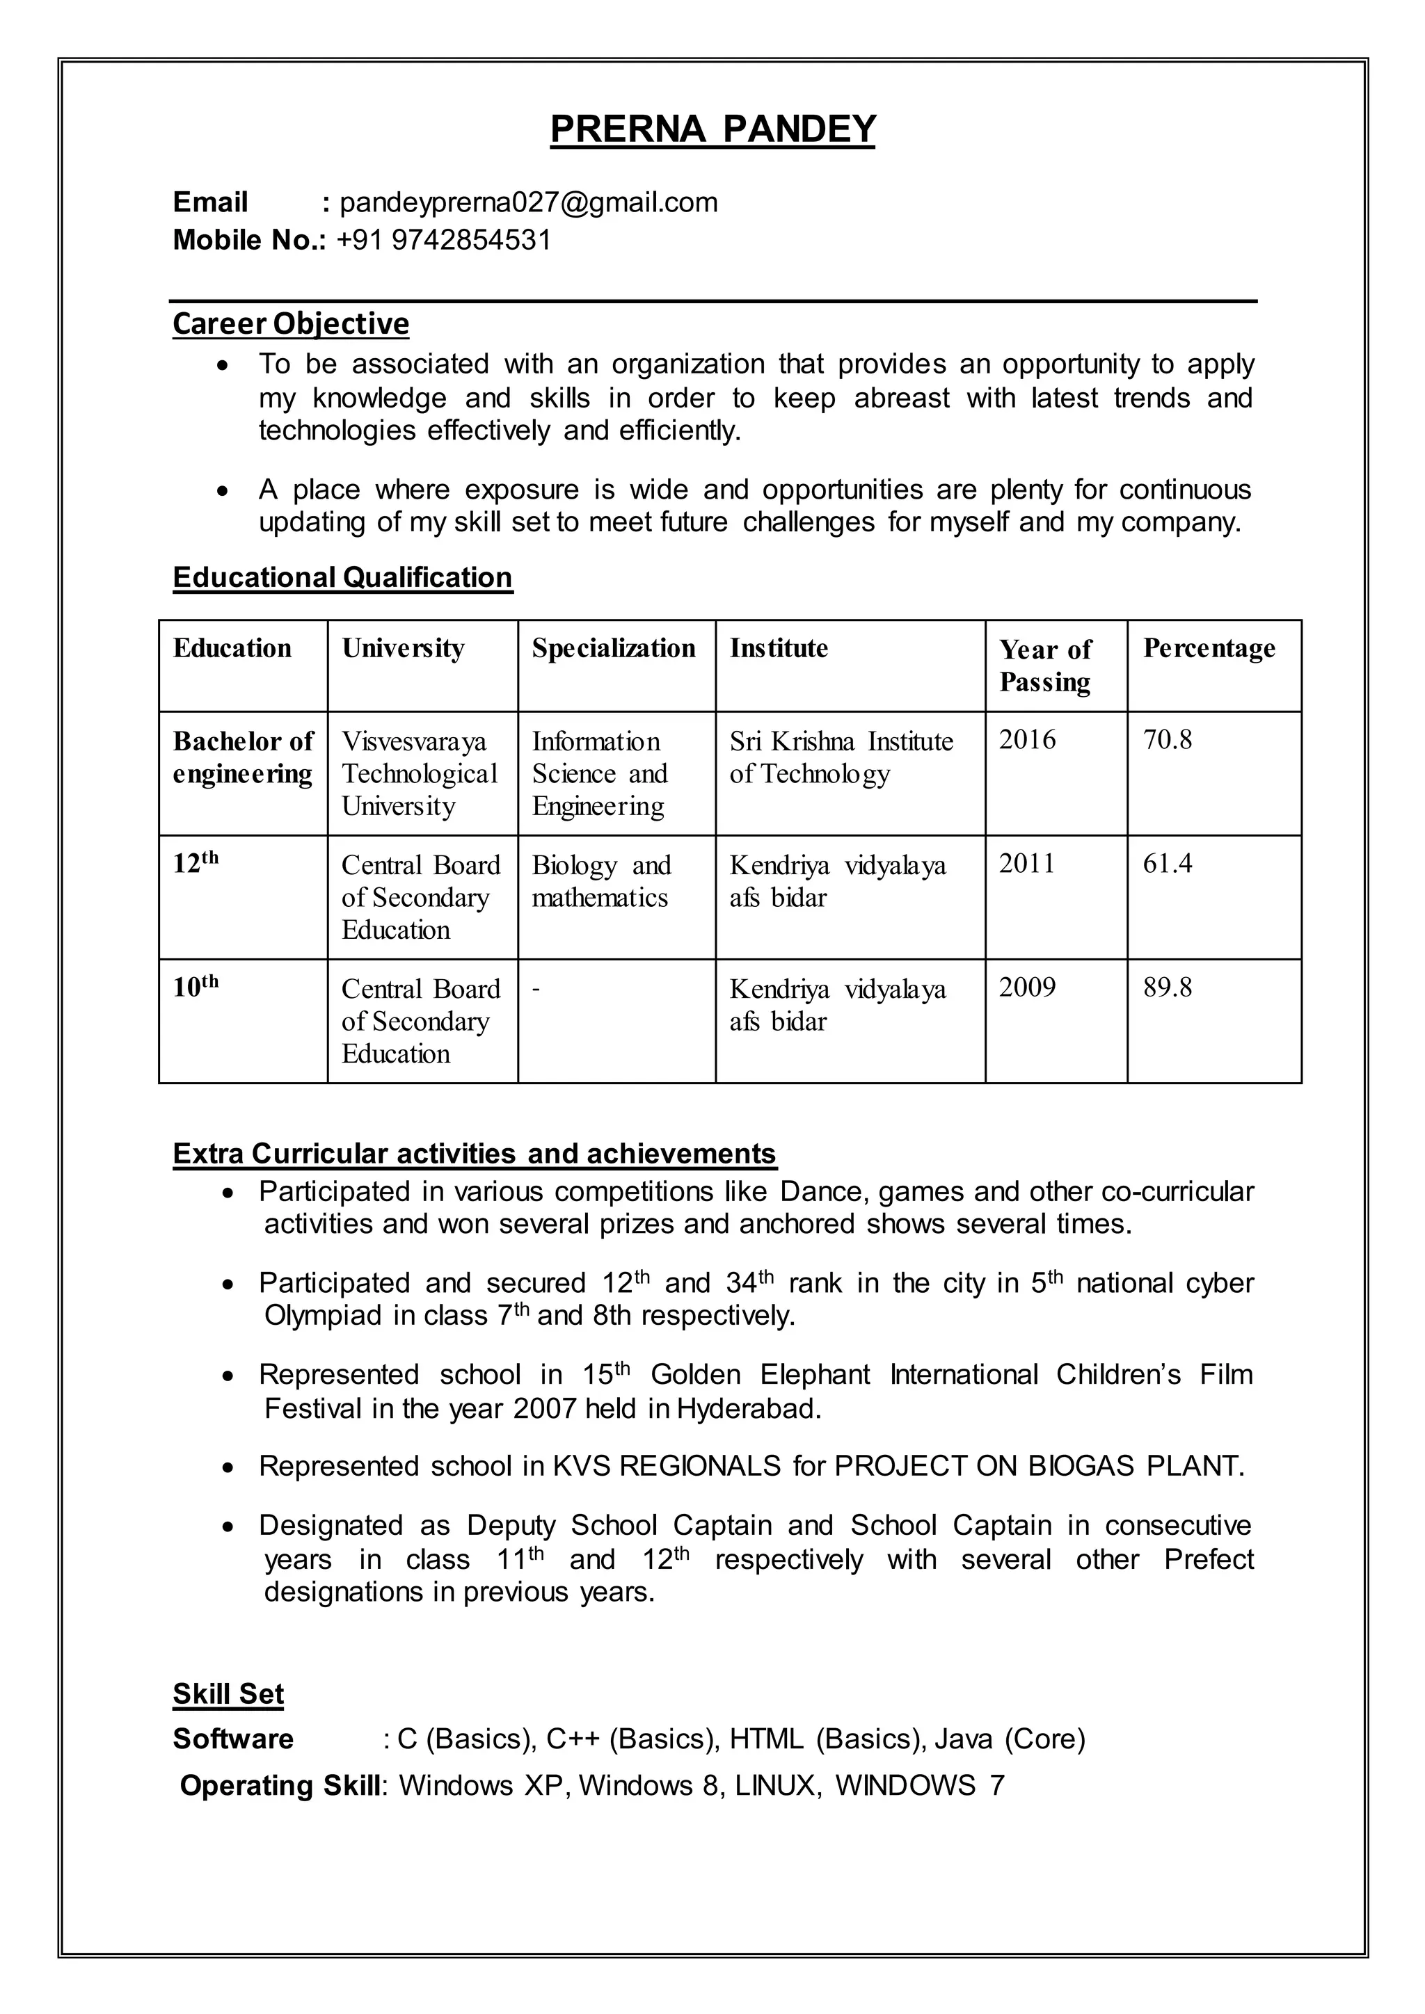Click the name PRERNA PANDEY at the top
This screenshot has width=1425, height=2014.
(x=712, y=129)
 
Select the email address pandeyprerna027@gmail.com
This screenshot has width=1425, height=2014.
(x=528, y=202)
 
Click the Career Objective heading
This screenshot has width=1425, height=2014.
(x=290, y=323)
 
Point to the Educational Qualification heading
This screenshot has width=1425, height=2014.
(x=342, y=577)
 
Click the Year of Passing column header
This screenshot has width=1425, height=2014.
(x=1044, y=665)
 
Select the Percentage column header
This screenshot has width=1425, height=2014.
(x=1209, y=648)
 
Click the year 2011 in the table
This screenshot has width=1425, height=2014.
(x=1026, y=863)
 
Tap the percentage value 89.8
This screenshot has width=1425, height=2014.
(x=1166, y=988)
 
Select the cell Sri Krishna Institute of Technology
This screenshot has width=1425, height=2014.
(x=840, y=757)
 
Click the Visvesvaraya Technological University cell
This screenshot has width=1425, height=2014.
(x=419, y=773)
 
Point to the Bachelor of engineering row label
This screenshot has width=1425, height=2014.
(x=242, y=757)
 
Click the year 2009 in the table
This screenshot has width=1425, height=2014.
(x=1026, y=988)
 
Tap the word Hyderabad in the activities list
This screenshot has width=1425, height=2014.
(x=747, y=1409)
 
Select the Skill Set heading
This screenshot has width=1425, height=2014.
(x=228, y=1694)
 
